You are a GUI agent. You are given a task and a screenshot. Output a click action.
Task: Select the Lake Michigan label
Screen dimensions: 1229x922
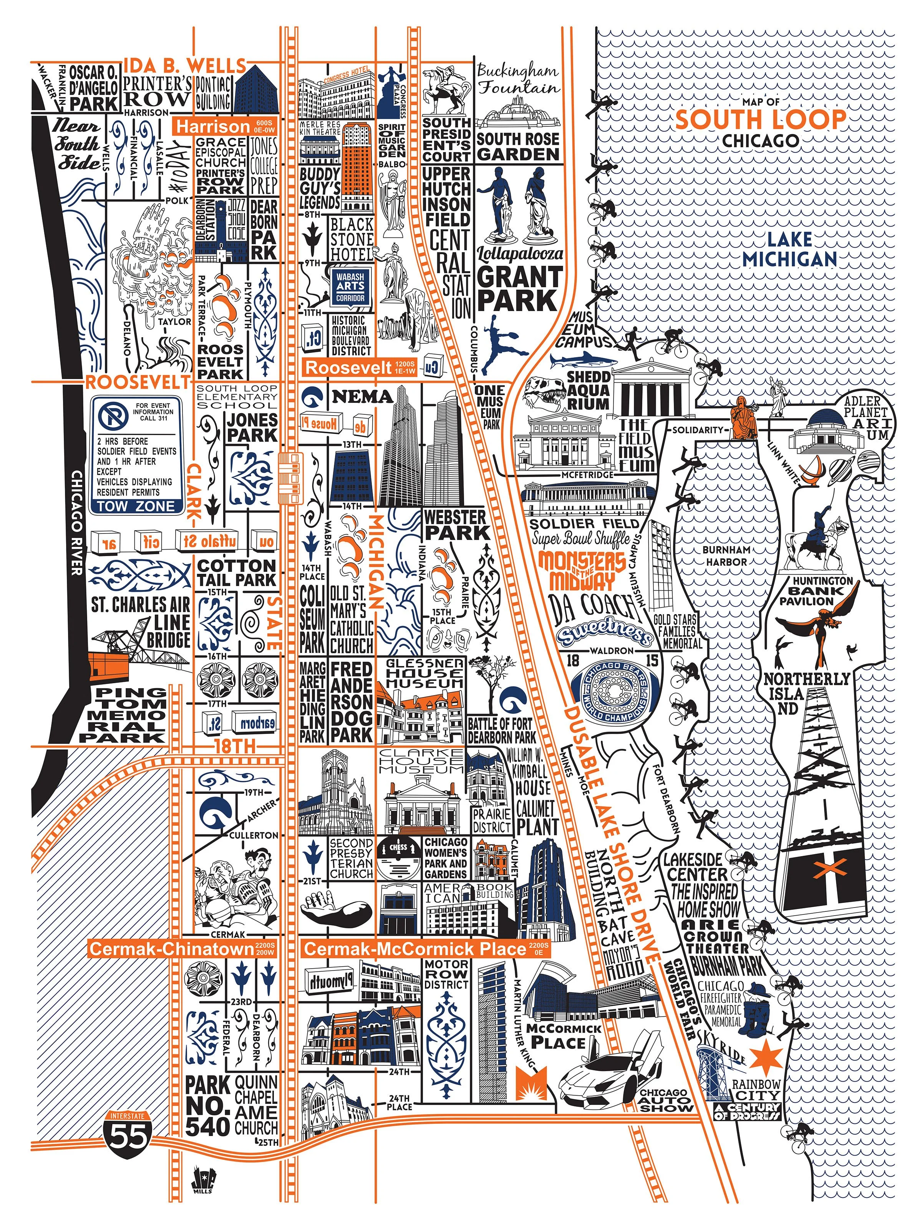(790, 250)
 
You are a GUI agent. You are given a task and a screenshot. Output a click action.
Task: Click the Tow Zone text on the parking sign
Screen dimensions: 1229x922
(137, 506)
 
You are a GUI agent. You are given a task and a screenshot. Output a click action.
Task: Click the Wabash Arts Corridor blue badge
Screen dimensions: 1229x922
(350, 286)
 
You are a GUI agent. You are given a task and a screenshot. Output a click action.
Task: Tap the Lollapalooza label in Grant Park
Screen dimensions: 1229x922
(520, 254)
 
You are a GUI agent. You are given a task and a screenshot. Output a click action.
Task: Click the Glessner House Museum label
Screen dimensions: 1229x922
(425, 673)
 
